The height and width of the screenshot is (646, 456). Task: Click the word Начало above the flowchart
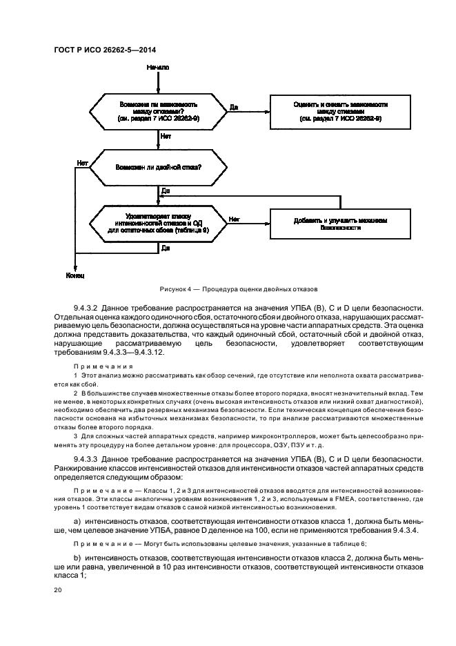coord(158,67)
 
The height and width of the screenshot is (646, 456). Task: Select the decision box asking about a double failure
coord(159,167)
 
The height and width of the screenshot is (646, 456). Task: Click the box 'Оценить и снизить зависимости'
coord(340,110)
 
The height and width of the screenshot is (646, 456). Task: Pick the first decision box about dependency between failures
coord(159,110)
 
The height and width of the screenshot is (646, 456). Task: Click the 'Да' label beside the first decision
coord(234,107)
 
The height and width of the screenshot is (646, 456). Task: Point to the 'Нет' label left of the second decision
coord(82,163)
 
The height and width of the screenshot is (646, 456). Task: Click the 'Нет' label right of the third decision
coord(234,219)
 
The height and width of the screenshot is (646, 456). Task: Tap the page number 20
coord(58,590)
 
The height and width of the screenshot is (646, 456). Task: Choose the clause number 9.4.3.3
coord(89,458)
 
